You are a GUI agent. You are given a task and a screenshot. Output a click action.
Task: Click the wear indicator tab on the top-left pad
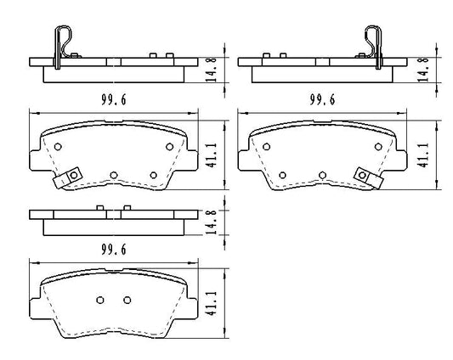click(69, 178)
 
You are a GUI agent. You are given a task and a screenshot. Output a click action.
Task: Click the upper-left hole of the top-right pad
click(267, 147)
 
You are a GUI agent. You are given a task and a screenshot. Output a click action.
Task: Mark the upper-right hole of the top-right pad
click(377, 147)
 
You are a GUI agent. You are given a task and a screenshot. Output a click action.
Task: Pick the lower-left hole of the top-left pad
click(113, 175)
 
